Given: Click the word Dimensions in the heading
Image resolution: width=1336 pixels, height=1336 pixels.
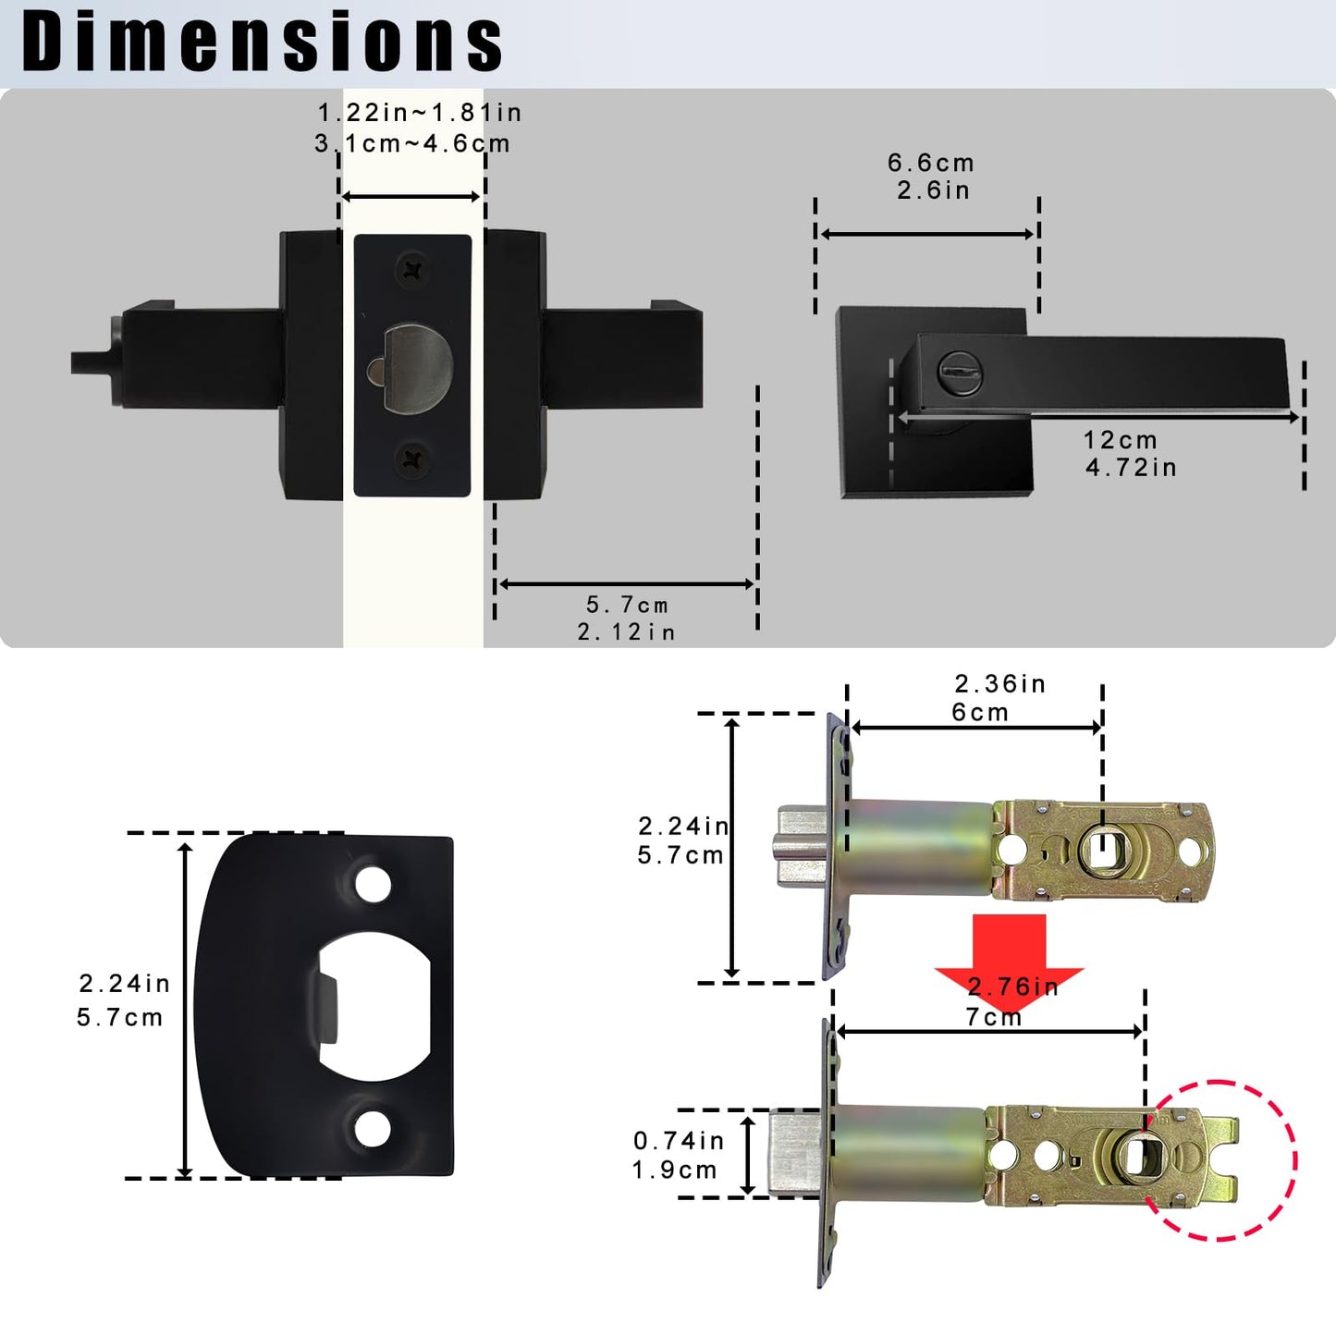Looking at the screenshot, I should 262,43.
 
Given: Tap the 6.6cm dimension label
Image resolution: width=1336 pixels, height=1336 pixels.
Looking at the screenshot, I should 931,164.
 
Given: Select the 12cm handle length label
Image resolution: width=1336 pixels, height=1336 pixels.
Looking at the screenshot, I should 1121,440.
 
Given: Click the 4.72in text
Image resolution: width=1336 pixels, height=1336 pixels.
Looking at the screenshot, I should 1131,468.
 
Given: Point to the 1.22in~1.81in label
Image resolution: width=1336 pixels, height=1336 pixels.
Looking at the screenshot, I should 420,113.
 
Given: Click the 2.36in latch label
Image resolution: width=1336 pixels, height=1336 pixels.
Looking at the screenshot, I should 999,684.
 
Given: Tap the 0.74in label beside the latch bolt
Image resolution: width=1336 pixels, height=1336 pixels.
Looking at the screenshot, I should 679,1141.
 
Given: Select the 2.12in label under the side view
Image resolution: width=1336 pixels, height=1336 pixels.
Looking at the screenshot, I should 627,632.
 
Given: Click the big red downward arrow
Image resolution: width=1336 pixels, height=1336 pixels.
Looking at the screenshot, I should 1009,952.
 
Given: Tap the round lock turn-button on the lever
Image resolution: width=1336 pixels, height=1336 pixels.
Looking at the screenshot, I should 959,374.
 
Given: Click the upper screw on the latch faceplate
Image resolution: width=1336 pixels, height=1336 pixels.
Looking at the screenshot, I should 413,270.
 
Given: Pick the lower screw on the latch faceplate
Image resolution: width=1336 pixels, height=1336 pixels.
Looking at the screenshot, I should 412,460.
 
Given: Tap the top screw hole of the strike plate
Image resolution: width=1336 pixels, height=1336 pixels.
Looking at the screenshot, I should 373,885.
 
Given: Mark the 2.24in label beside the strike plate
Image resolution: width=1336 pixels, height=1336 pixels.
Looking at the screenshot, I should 125,984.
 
